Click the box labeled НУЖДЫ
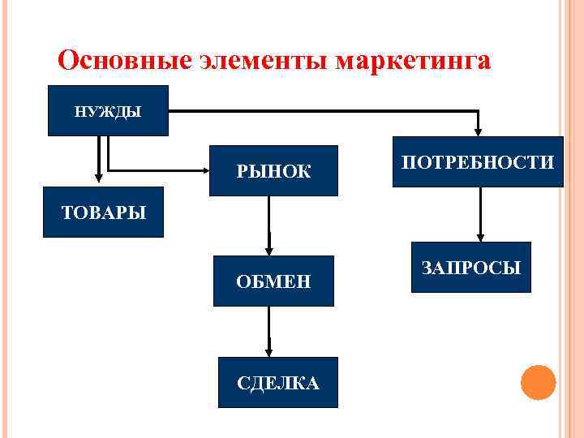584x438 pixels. [x=108, y=110]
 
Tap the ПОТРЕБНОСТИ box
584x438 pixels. [x=478, y=161]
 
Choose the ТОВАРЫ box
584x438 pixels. [x=103, y=213]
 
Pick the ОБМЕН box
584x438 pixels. [x=273, y=281]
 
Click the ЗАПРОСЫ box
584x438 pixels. [x=471, y=267]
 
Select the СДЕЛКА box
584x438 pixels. [x=277, y=382]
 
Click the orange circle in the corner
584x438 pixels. [x=538, y=381]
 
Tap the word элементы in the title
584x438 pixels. [x=263, y=61]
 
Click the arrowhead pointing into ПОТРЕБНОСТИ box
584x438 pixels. [x=478, y=130]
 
